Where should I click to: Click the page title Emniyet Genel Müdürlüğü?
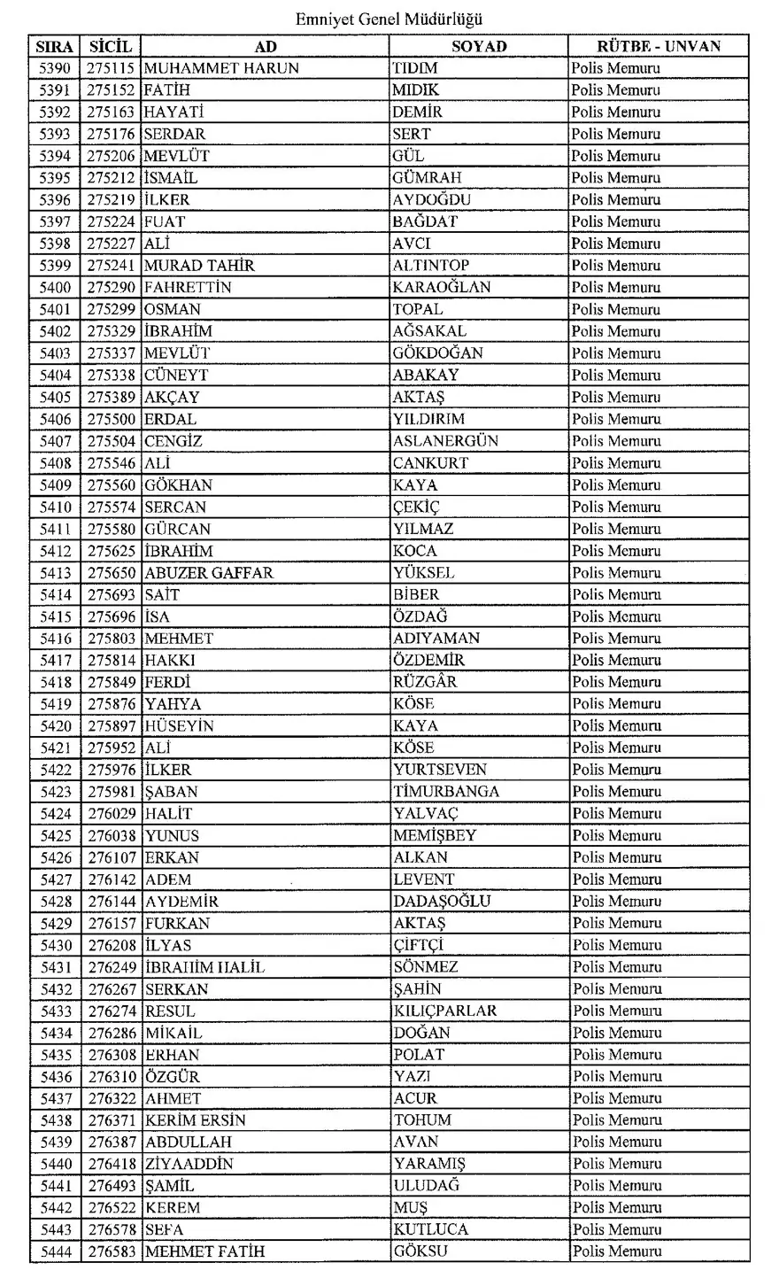point(389,19)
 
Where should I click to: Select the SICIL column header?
point(111,46)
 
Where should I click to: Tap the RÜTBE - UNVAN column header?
point(658,46)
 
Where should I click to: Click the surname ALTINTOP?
point(431,266)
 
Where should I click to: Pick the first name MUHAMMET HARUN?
point(221,68)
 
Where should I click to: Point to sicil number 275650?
point(111,573)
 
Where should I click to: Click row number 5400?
point(56,288)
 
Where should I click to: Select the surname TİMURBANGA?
point(446,792)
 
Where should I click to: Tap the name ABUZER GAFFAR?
point(209,573)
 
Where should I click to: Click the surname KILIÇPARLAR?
point(445,1011)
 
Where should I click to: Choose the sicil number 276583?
point(111,1251)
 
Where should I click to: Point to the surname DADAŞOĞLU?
point(442,902)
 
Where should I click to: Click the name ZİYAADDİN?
point(189,1164)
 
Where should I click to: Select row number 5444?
point(56,1251)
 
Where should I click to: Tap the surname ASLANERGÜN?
point(445,441)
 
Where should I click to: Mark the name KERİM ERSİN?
point(196,1120)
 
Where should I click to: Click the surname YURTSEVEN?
point(440,770)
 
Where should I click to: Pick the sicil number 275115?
point(111,68)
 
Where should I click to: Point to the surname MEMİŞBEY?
point(435,835)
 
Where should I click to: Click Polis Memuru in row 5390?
point(615,68)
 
